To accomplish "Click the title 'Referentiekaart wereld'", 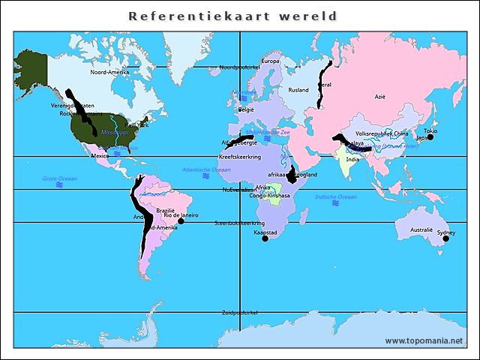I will pyautogui.click(x=232, y=16).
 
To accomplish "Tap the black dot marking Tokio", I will pyautogui.click(x=430, y=137).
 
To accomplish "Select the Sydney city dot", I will pyautogui.click(x=445, y=238).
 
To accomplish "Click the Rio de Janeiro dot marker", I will pyautogui.click(x=181, y=221).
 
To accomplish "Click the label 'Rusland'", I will pyautogui.click(x=298, y=90).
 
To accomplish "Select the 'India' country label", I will pyautogui.click(x=352, y=159).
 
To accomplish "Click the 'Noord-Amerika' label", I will pyautogui.click(x=109, y=73).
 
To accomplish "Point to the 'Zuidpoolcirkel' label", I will pyautogui.click(x=239, y=312).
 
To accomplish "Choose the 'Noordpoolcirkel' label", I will pyautogui.click(x=238, y=67).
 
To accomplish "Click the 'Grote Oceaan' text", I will pyautogui.click(x=59, y=178).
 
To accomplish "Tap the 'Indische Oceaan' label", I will pyautogui.click(x=334, y=196).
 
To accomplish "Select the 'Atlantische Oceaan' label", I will pyautogui.click(x=206, y=169).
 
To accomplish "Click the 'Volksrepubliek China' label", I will pyautogui.click(x=382, y=133).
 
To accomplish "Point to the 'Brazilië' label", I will pyautogui.click(x=165, y=210).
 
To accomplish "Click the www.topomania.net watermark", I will pyautogui.click(x=424, y=341).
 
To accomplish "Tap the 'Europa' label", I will pyautogui.click(x=270, y=61).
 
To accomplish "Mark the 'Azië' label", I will pyautogui.click(x=380, y=97).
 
